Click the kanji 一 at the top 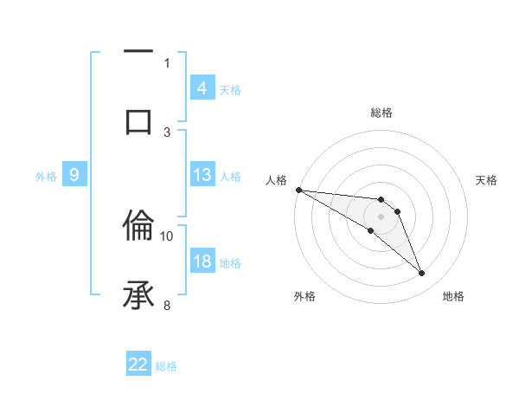[138, 52]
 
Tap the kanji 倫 [138, 226]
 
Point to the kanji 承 [138, 295]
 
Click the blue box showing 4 [202, 87]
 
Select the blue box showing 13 [202, 174]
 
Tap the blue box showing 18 [202, 262]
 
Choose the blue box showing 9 [74, 175]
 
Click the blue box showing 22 [138, 365]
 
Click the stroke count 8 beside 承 [167, 305]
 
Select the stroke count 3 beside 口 [167, 131]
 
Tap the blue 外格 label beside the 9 [46, 176]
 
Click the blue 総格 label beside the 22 [166, 365]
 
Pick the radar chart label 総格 [381, 113]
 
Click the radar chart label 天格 [487, 180]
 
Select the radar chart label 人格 [276, 180]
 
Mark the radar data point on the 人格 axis [298, 190]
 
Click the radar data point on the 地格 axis [421, 274]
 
